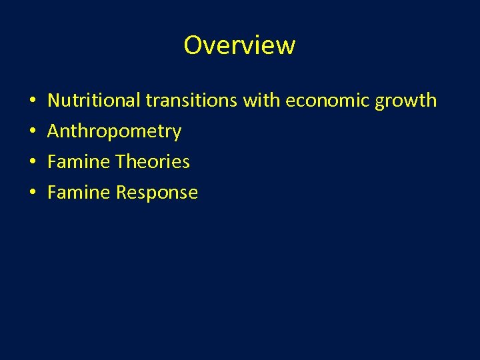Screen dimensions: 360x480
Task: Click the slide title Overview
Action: pyautogui.click(x=239, y=45)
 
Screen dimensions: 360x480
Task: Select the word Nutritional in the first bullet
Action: pyautogui.click(x=94, y=101)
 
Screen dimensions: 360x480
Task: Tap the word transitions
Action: pyautogui.click(x=193, y=101)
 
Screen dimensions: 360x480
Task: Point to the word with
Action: pyautogui.click(x=263, y=101)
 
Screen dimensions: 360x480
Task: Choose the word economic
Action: pyautogui.click(x=328, y=101)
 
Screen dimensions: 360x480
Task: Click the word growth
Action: pyautogui.click(x=406, y=101)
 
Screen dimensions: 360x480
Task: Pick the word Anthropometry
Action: pyautogui.click(x=114, y=132)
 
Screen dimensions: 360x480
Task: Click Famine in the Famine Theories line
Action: pyautogui.click(x=79, y=162)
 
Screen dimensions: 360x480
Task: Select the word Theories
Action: pyautogui.click(x=153, y=162)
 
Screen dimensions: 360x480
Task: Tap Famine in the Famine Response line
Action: pyautogui.click(x=79, y=193)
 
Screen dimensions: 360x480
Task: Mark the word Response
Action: pyautogui.click(x=157, y=193)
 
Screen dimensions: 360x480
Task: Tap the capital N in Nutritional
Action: pyautogui.click(x=54, y=101)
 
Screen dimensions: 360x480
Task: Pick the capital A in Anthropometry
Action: pyautogui.click(x=54, y=131)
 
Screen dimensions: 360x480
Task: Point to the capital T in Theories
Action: pyautogui.click(x=121, y=162)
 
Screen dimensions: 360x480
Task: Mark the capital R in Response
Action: pyautogui.click(x=121, y=193)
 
